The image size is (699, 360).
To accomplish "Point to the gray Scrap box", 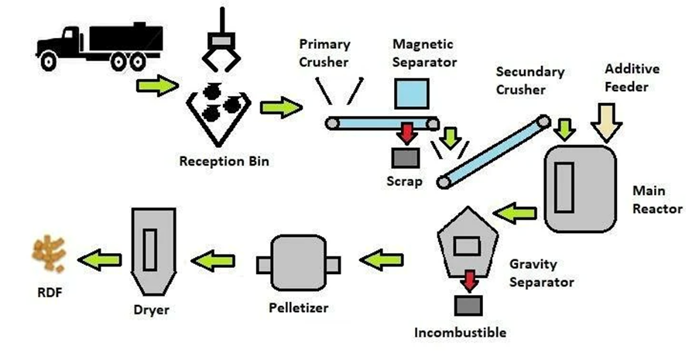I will click(404, 158).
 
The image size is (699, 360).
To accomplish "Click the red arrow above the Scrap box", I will click(404, 133).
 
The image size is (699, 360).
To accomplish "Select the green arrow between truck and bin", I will click(156, 86).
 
